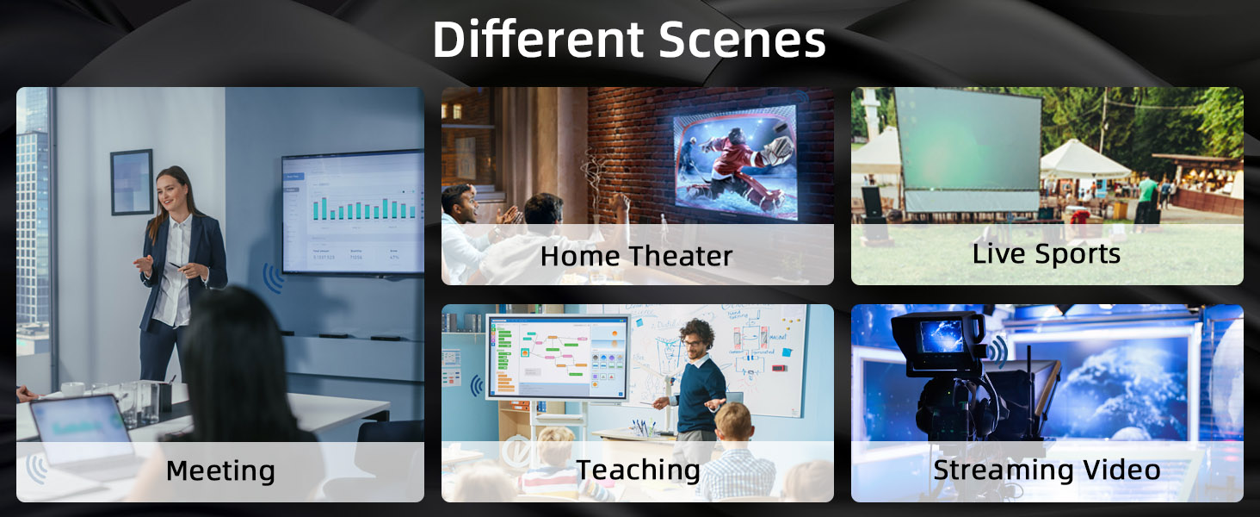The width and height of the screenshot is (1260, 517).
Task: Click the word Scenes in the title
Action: [742, 40]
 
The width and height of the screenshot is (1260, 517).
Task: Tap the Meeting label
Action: [220, 471]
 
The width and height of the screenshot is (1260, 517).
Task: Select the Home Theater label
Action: [636, 256]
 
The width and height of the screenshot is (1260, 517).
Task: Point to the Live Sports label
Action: [1046, 254]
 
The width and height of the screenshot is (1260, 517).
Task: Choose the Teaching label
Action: [638, 470]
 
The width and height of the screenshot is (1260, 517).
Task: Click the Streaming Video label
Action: [1047, 470]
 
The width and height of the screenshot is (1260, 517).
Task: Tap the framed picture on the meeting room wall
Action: [132, 182]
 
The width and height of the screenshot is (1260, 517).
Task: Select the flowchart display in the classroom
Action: [557, 355]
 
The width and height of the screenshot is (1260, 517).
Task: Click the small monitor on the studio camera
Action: [942, 335]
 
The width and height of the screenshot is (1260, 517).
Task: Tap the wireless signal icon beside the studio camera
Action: [998, 349]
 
